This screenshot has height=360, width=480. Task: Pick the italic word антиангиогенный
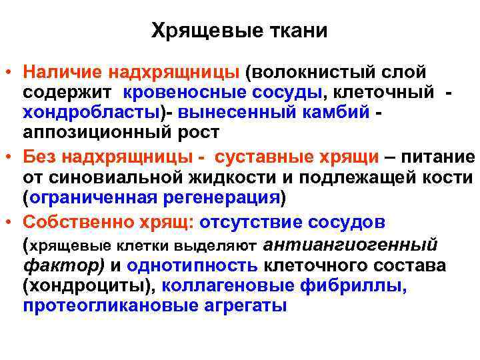[x=351, y=245]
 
